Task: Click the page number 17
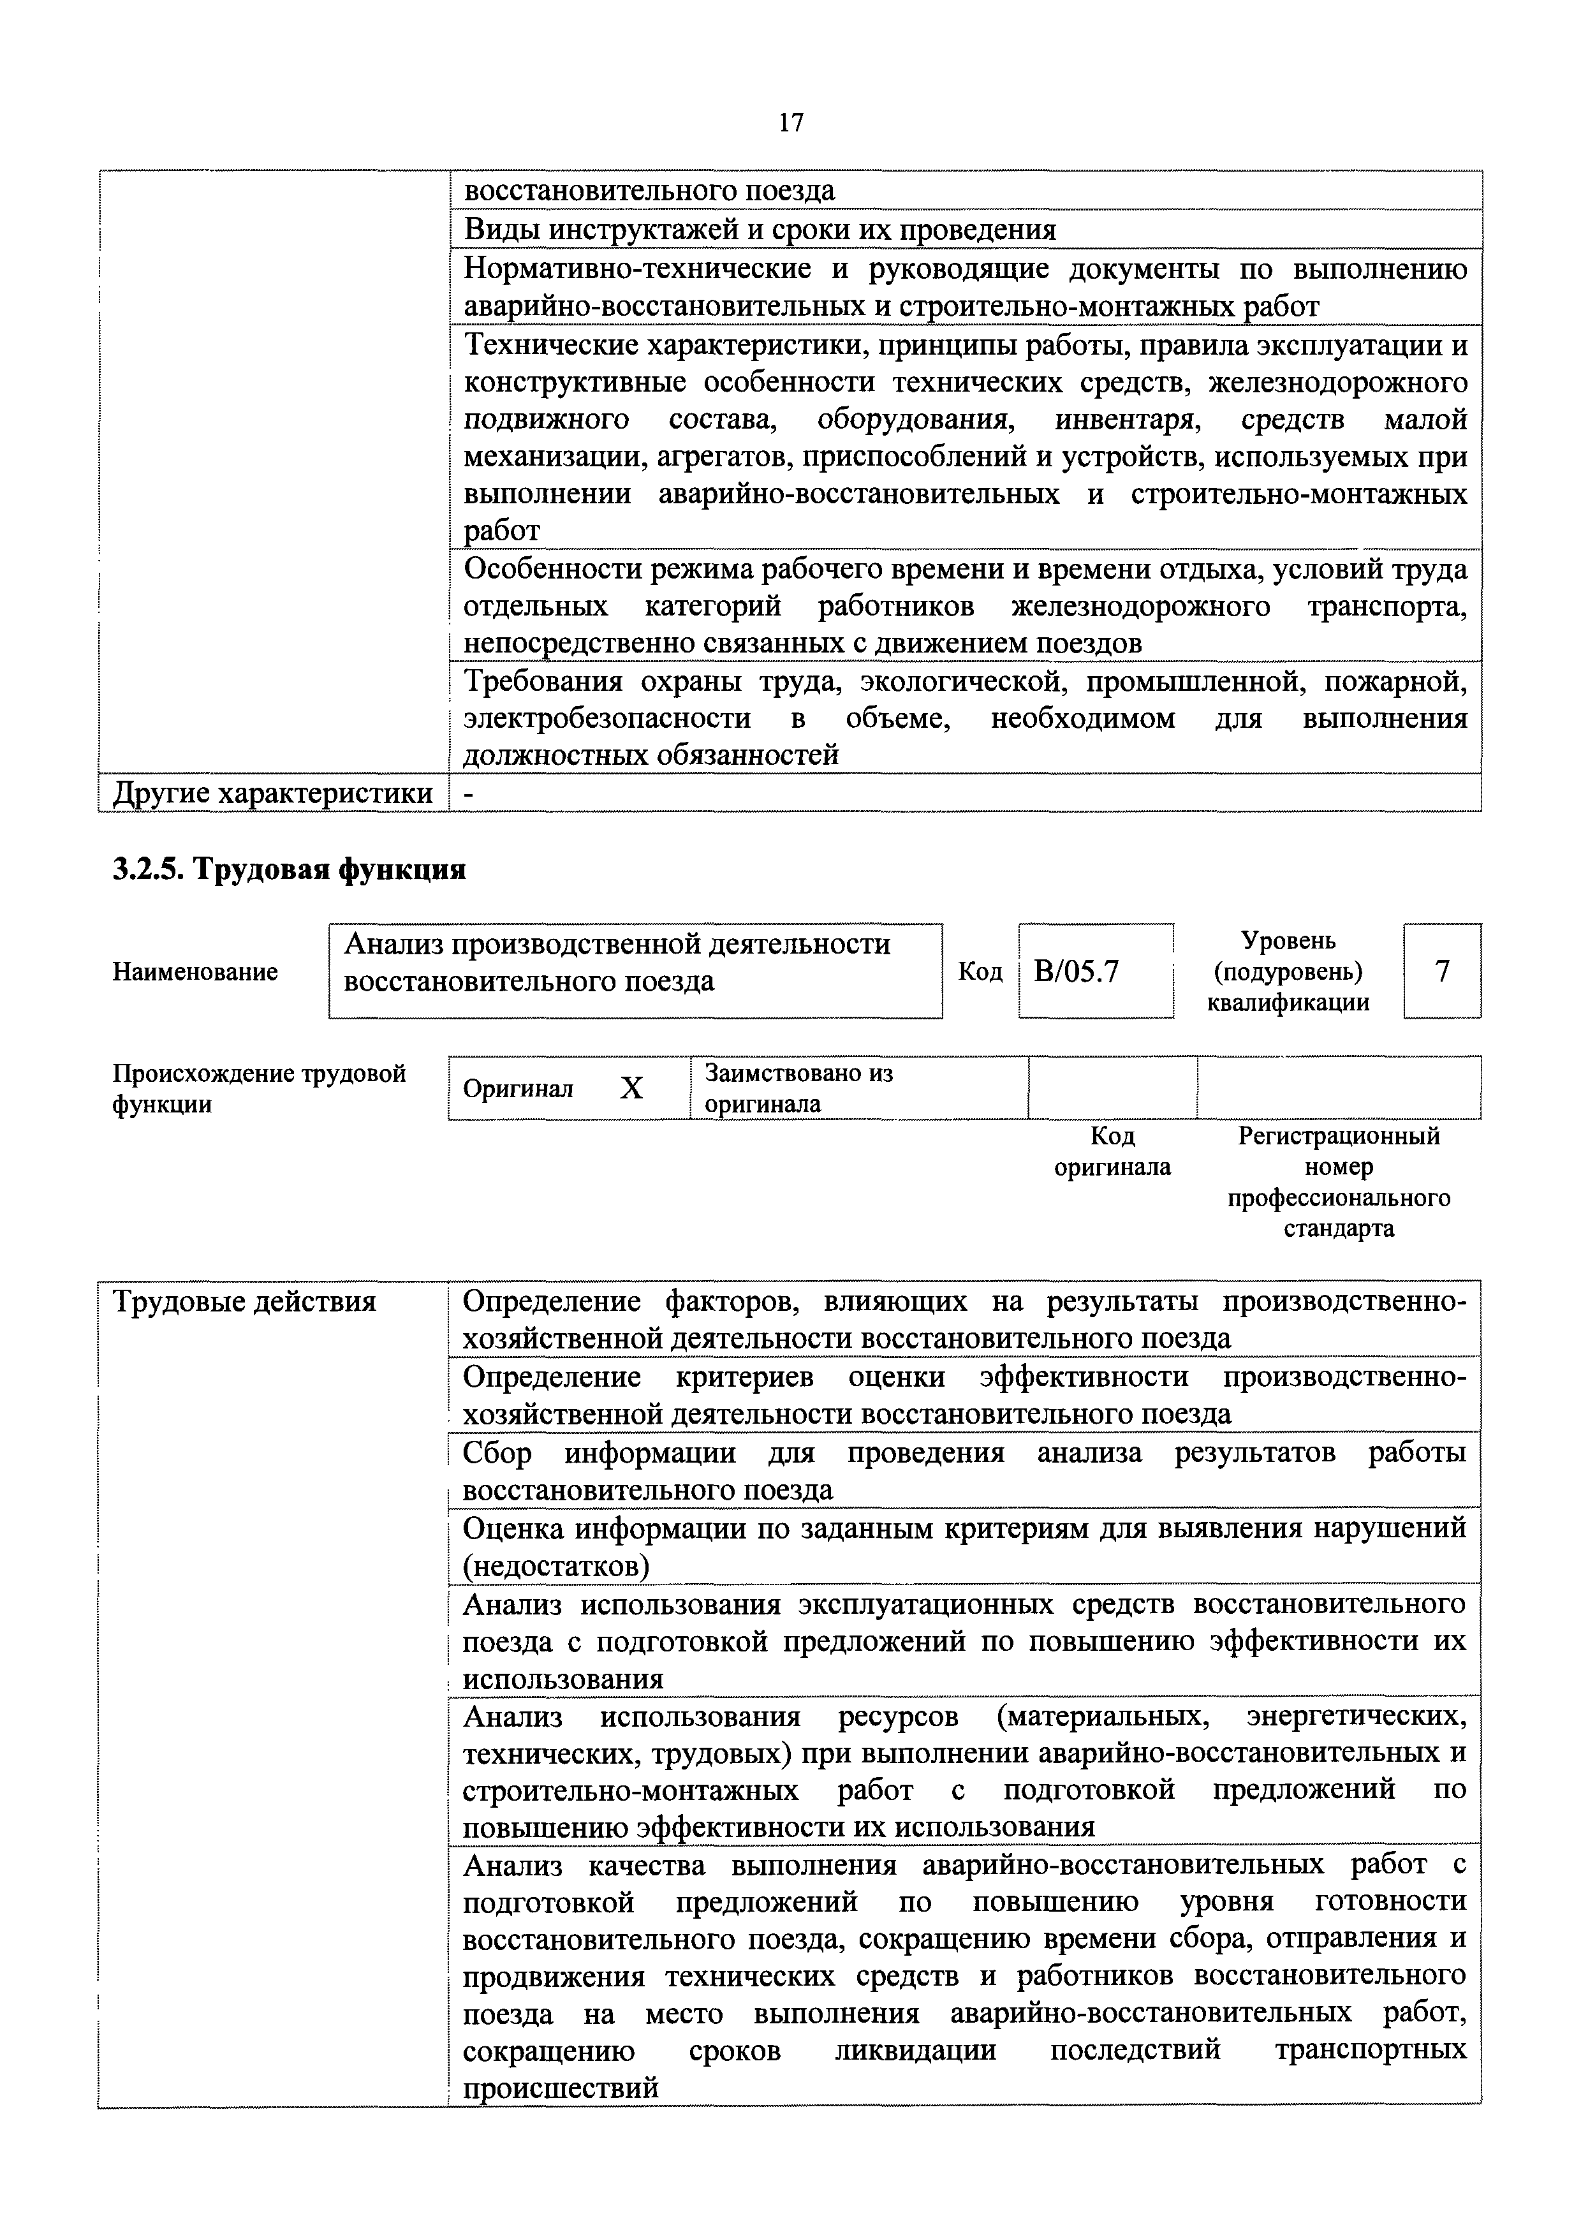click(x=791, y=122)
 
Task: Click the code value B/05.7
click(x=1077, y=971)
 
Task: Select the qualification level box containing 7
click(x=1442, y=971)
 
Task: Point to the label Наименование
click(x=195, y=971)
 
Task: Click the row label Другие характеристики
click(x=273, y=793)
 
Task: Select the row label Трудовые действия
click(x=244, y=1302)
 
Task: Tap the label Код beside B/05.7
click(x=980, y=971)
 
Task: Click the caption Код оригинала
click(x=1112, y=1151)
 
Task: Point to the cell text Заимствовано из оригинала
click(x=798, y=1088)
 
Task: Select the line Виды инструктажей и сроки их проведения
click(x=760, y=230)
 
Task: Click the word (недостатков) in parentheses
click(x=556, y=1566)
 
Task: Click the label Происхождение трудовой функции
click(x=259, y=1088)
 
